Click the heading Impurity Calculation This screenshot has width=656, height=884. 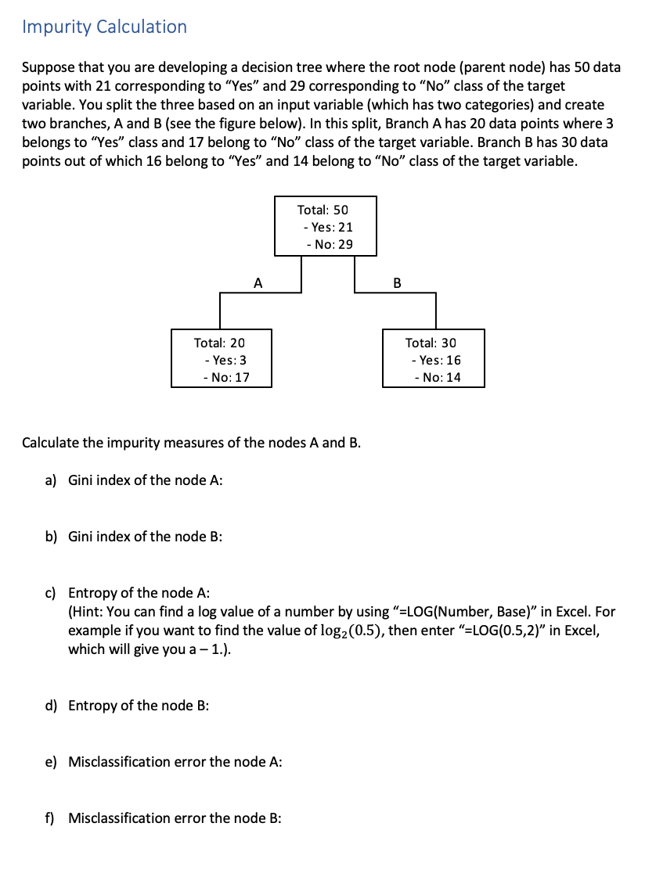pyautogui.click(x=104, y=27)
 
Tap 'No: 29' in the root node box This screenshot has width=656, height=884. pyautogui.click(x=329, y=244)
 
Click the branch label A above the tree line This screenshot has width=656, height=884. pyautogui.click(x=258, y=282)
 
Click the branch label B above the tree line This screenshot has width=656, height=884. pyautogui.click(x=396, y=282)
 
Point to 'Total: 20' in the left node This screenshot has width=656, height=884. pyautogui.click(x=219, y=343)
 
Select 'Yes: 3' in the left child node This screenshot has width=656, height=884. pyautogui.click(x=225, y=360)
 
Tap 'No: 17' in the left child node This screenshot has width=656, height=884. pyautogui.click(x=225, y=377)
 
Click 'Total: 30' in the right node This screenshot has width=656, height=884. pyautogui.click(x=431, y=343)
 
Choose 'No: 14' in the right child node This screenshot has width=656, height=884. pyautogui.click(x=438, y=377)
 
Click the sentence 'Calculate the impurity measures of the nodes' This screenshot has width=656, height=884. pyautogui.click(x=191, y=442)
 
